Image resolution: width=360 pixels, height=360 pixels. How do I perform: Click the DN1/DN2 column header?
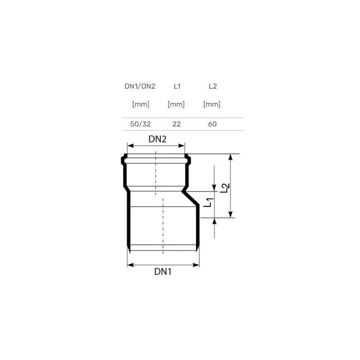click(x=140, y=86)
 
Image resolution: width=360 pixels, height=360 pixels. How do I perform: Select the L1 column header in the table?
click(x=177, y=86)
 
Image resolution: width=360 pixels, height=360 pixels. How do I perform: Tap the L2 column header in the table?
click(x=212, y=86)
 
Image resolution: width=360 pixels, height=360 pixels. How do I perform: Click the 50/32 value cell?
click(x=140, y=124)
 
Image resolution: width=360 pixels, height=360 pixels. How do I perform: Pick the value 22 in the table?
click(x=176, y=124)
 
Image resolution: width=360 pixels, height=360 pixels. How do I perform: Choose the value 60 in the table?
click(x=212, y=124)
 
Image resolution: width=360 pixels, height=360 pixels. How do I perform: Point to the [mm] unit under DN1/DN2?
click(x=141, y=104)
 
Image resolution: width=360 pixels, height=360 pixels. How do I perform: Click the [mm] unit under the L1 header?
click(x=176, y=104)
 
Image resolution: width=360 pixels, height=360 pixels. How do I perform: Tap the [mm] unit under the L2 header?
click(x=211, y=104)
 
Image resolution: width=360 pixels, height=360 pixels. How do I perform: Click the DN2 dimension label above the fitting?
click(x=157, y=139)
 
